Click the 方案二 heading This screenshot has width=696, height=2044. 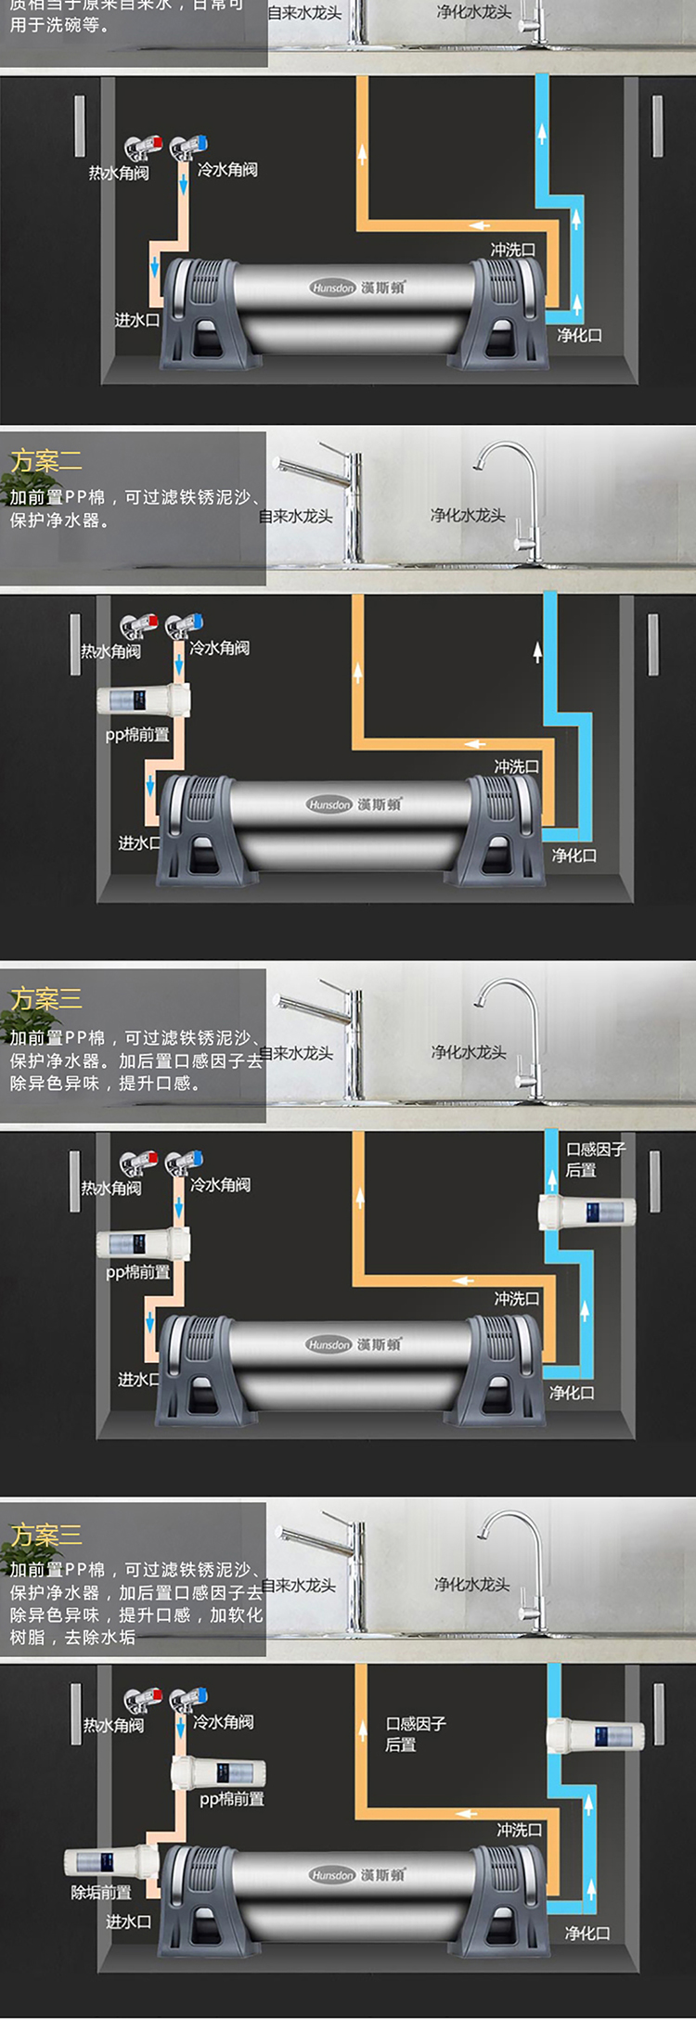pos(46,461)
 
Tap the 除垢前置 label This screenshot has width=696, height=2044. pos(101,1892)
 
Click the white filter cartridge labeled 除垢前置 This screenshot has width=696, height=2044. pos(110,1862)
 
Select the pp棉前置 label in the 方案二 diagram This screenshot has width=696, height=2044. pos(137,735)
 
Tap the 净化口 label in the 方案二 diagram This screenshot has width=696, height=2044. pos(574,855)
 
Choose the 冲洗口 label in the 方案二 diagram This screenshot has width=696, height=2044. pos(516,766)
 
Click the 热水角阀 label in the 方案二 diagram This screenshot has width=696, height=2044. pos(110,651)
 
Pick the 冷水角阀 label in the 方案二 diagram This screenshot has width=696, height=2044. pos(220,648)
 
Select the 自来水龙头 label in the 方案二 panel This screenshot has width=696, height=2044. pos(296,516)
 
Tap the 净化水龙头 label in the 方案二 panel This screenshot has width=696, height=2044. pos(468,515)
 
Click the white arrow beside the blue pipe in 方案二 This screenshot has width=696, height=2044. pos(537,652)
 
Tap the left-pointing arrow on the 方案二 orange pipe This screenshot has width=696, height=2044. pos(475,744)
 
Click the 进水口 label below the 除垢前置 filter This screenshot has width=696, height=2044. pos(128,1922)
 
